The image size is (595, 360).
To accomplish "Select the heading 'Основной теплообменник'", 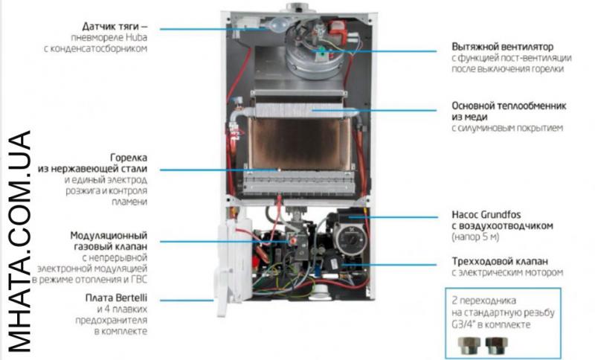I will [509, 106].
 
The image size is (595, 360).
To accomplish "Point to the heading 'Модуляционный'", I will [111, 235].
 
